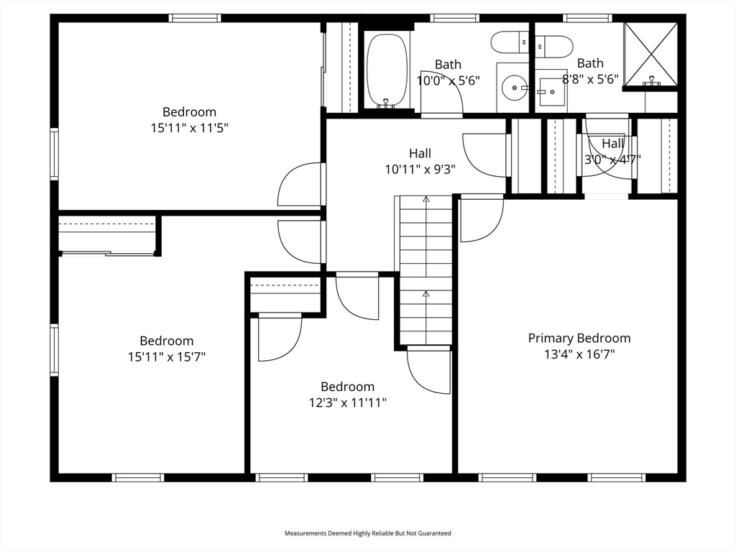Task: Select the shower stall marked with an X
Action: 650,54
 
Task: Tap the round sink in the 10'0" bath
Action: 515,87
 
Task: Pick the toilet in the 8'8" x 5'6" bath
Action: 554,46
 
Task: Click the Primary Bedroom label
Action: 579,338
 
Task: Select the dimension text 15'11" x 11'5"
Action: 189,128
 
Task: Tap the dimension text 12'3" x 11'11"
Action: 347,402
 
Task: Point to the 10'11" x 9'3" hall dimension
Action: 420,169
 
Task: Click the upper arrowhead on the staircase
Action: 425,199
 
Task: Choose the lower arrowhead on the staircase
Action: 425,294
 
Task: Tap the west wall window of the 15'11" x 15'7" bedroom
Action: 55,350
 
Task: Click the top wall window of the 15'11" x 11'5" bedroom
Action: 195,18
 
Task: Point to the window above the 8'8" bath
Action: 588,18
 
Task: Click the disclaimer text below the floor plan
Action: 368,533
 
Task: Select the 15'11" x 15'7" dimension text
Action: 167,356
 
